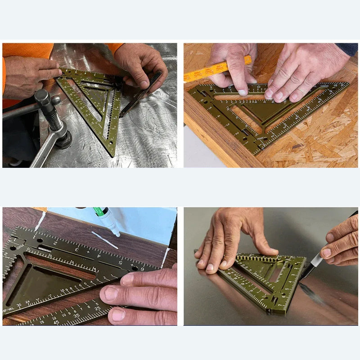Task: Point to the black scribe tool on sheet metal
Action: pos(141,94)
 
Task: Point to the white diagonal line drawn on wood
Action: pos(104,239)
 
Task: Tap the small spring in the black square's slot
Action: pos(44,249)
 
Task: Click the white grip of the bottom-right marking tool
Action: pos(316,259)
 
